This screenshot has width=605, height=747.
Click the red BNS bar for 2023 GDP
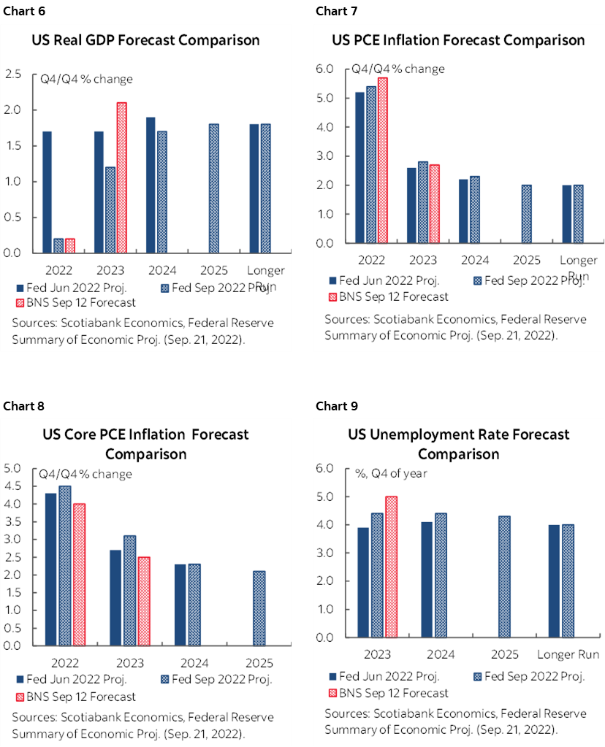[x=121, y=177]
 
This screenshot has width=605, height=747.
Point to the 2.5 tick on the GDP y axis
[x=13, y=74]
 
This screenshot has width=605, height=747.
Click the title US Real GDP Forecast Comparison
[x=145, y=40]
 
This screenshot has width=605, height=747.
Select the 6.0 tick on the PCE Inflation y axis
[x=324, y=69]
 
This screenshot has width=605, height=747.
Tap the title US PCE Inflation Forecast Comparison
[x=458, y=40]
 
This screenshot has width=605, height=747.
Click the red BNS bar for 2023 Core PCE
[x=143, y=601]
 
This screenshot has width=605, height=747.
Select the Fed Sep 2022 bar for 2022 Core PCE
[x=65, y=565]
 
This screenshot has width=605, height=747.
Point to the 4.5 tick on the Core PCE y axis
[x=13, y=486]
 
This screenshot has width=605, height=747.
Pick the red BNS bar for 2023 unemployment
[x=392, y=567]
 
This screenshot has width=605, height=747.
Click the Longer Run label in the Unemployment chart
[x=568, y=654]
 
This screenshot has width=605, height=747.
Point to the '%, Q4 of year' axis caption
[x=391, y=473]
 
